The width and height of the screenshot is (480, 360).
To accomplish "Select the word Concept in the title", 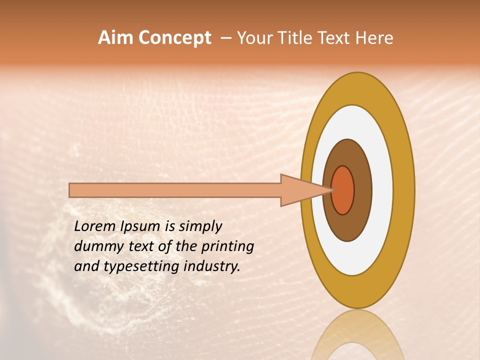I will click(x=174, y=38).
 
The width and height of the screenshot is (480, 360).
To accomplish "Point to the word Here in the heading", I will click(x=374, y=38).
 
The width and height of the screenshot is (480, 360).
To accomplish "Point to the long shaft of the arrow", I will click(x=175, y=190).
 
